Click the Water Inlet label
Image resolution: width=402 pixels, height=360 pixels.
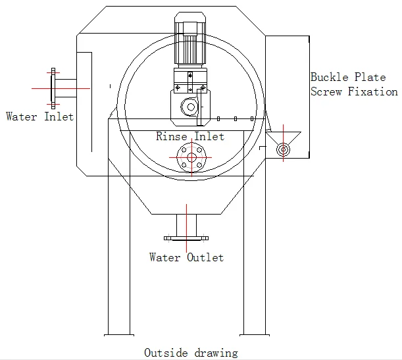pyautogui.click(x=39, y=116)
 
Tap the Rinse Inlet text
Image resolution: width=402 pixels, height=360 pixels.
pyautogui.click(x=189, y=137)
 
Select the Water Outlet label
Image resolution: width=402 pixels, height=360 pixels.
pyautogui.click(x=186, y=257)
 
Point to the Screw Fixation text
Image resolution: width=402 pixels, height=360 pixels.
pyautogui.click(x=354, y=92)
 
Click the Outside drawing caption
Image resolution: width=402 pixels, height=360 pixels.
pyautogui.click(x=191, y=353)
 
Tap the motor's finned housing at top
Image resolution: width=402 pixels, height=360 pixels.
pyautogui.click(x=189, y=45)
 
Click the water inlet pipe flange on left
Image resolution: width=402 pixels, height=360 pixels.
pyautogui.click(x=53, y=88)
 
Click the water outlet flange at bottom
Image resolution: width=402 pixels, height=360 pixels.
pyautogui.click(x=186, y=238)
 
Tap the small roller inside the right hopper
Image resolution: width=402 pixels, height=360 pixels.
pyautogui.click(x=283, y=149)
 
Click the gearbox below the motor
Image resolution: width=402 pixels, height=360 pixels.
pyautogui.click(x=189, y=105)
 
